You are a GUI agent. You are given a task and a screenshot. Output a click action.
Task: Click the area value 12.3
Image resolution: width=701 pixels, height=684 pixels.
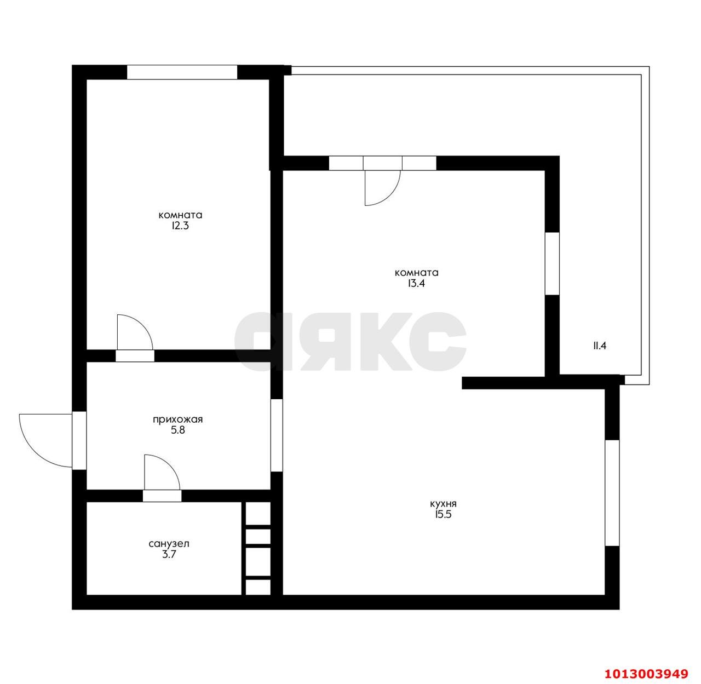pyautogui.click(x=180, y=226)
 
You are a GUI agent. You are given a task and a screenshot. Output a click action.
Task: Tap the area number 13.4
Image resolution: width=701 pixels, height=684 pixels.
pyautogui.click(x=416, y=284)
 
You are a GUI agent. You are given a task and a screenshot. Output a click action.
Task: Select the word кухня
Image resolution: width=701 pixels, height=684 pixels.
pyautogui.click(x=443, y=503)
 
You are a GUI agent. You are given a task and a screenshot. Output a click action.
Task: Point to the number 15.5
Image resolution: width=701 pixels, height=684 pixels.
pyautogui.click(x=443, y=514)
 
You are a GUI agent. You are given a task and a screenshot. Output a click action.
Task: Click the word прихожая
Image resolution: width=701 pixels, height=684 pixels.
pyautogui.click(x=178, y=419)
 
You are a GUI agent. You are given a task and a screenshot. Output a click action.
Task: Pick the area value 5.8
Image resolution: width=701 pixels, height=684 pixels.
pyautogui.click(x=178, y=430)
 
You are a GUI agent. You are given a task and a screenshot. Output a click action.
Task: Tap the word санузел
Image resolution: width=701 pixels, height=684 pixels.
pyautogui.click(x=169, y=543)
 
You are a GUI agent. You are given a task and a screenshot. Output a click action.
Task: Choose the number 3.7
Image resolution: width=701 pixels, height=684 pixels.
pyautogui.click(x=169, y=554)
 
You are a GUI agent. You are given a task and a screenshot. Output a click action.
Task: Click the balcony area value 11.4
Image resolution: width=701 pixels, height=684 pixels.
pyautogui.click(x=600, y=346)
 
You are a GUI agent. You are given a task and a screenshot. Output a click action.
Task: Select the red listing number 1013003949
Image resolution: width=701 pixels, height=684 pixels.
pyautogui.click(x=647, y=673)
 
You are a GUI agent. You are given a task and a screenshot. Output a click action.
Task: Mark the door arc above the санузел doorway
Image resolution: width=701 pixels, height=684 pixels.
pyautogui.click(x=169, y=465)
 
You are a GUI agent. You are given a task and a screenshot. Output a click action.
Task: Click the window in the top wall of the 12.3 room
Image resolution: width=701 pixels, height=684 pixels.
pyautogui.click(x=182, y=72)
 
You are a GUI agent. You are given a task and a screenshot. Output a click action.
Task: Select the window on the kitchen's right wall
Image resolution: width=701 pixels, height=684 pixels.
pyautogui.click(x=612, y=493)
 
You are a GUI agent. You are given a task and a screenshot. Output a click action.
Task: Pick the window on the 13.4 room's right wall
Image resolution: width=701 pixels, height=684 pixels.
pyautogui.click(x=552, y=263)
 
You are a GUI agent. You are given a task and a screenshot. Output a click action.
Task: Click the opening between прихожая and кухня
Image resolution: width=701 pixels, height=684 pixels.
pyautogui.click(x=277, y=435)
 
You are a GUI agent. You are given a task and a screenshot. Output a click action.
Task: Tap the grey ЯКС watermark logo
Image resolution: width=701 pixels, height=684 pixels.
pyautogui.click(x=350, y=342)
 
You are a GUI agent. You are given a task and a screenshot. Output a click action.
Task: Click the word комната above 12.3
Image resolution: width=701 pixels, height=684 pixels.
pyautogui.click(x=181, y=215)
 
